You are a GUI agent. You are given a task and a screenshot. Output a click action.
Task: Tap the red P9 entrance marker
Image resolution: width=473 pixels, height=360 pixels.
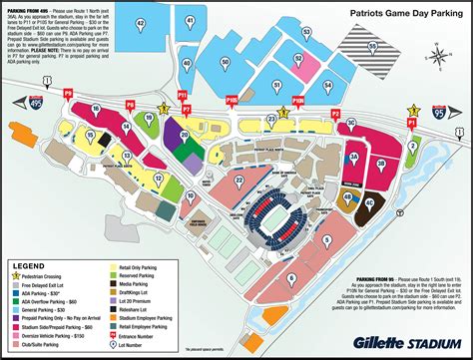[69, 93]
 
